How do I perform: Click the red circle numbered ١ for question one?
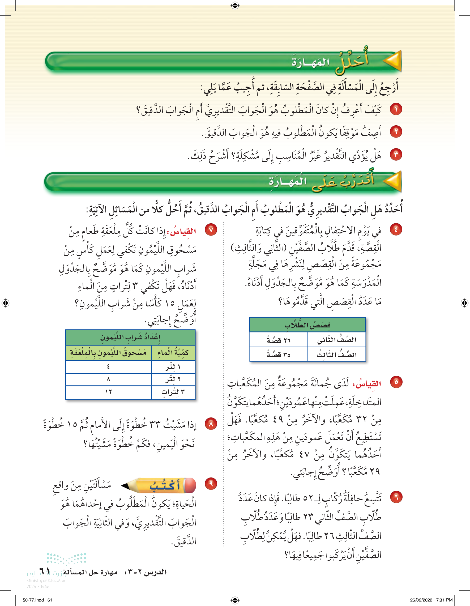pyautogui.click(x=396, y=109)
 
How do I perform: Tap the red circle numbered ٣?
pyautogui.click(x=396, y=154)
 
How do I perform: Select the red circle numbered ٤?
pyautogui.click(x=396, y=229)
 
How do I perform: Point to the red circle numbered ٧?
pyautogui.click(x=211, y=230)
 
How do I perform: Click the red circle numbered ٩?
pyautogui.click(x=211, y=484)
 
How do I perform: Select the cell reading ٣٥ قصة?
pyautogui.click(x=279, y=355)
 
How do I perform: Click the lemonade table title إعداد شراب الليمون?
pyautogui.click(x=130, y=338)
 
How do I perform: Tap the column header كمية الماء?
pyautogui.click(x=173, y=353)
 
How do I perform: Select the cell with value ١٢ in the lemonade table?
pyautogui.click(x=108, y=392)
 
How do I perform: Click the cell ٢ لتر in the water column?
pyautogui.click(x=173, y=379)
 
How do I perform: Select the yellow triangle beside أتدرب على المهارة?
pyautogui.click(x=393, y=181)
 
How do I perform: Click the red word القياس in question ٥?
pyautogui.click(x=367, y=384)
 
